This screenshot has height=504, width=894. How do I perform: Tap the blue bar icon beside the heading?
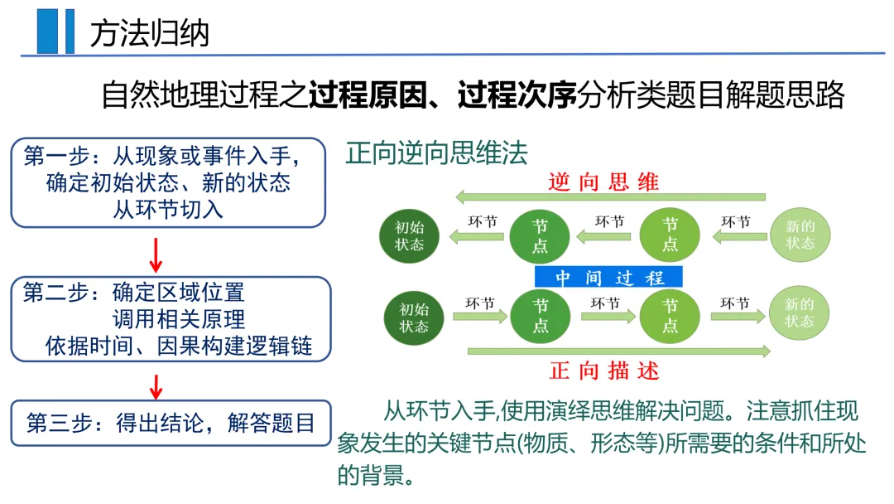tap(55, 31)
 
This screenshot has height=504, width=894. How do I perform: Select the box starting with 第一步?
tap(168, 182)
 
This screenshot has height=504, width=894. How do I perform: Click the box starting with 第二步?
tap(168, 319)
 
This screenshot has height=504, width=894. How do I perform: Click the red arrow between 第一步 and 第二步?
tap(155, 252)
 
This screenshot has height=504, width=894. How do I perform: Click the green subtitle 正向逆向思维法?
tap(436, 153)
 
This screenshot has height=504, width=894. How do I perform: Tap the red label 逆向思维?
tap(603, 182)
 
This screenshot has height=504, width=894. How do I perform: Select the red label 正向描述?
tap(604, 371)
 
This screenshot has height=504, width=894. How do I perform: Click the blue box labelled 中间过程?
tap(608, 278)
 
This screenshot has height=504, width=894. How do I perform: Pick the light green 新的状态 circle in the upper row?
tap(800, 235)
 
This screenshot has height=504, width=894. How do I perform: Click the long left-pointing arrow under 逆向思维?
tap(610, 197)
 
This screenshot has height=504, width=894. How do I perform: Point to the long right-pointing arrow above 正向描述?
tap(618, 351)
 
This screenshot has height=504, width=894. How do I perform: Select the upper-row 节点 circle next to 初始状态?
tap(541, 235)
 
